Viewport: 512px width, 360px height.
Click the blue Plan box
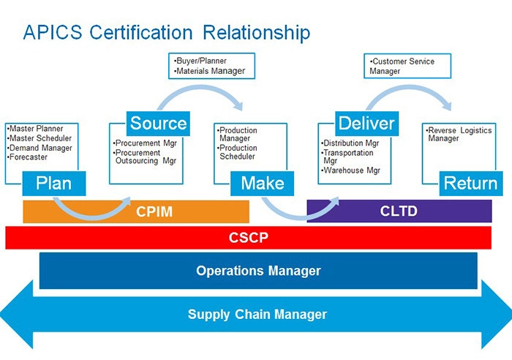click(54, 181)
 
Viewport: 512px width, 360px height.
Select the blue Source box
click(159, 122)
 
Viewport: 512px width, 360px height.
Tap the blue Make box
click(263, 183)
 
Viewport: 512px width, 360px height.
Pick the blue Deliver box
click(366, 122)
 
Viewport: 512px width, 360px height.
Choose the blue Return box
click(470, 183)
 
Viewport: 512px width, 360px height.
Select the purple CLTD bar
click(399, 211)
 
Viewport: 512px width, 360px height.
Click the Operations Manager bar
click(258, 271)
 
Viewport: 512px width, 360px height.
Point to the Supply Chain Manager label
click(257, 315)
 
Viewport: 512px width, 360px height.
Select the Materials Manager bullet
click(210, 71)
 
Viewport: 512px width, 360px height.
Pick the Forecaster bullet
click(29, 157)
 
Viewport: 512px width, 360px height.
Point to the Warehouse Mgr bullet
click(352, 170)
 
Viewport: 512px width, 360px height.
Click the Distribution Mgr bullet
click(352, 143)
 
